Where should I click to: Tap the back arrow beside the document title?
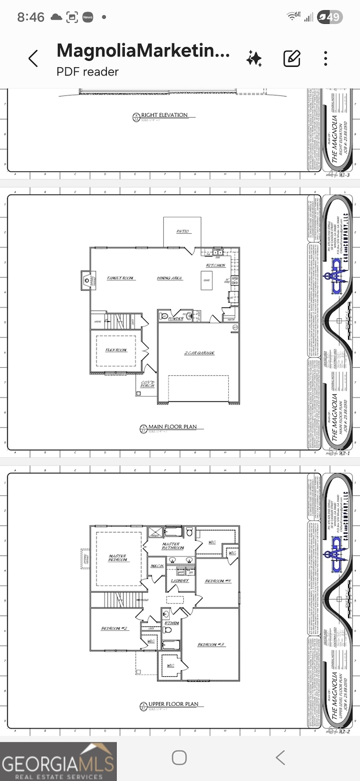tap(33, 59)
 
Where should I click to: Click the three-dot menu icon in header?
tap(325, 59)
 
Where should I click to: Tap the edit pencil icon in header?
tap(292, 59)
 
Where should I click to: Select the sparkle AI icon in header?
tap(254, 59)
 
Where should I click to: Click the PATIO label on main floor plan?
tap(183, 232)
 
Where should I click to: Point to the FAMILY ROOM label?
tap(120, 278)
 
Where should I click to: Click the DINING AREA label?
tap(170, 278)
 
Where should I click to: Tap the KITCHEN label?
tap(215, 265)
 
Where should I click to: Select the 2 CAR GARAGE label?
tap(199, 353)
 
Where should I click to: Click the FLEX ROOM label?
tap(116, 350)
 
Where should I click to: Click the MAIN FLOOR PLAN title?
tap(172, 427)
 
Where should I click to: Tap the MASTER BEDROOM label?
tap(118, 558)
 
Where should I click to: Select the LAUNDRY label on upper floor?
tap(179, 581)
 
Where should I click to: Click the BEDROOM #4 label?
tap(218, 581)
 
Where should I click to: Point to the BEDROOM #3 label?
tap(211, 645)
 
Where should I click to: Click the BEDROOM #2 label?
tap(114, 629)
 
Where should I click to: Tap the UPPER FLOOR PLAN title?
tap(173, 705)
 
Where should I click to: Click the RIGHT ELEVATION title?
tap(164, 115)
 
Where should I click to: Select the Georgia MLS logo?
tap(58, 761)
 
